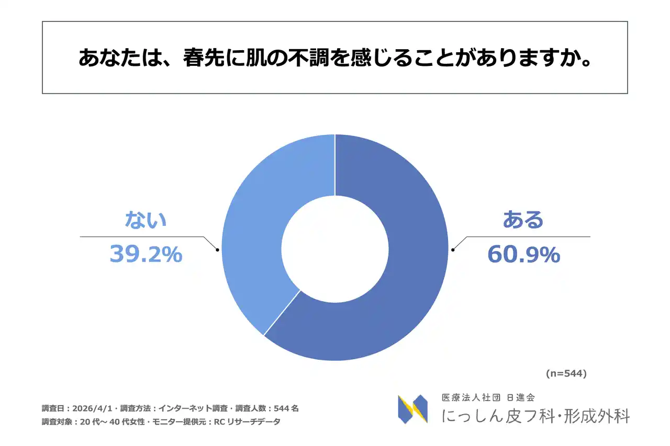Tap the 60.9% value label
pos(523,255)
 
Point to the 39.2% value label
pos(146,255)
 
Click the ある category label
pos(523,220)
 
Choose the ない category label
pos(146,220)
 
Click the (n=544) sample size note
pos(566,374)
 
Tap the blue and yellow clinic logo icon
pos(412,409)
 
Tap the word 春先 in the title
pos(203,58)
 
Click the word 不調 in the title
pos(308,58)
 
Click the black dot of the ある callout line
pos(453,250)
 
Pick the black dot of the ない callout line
pos(217,250)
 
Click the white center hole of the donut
pos(335,248)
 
